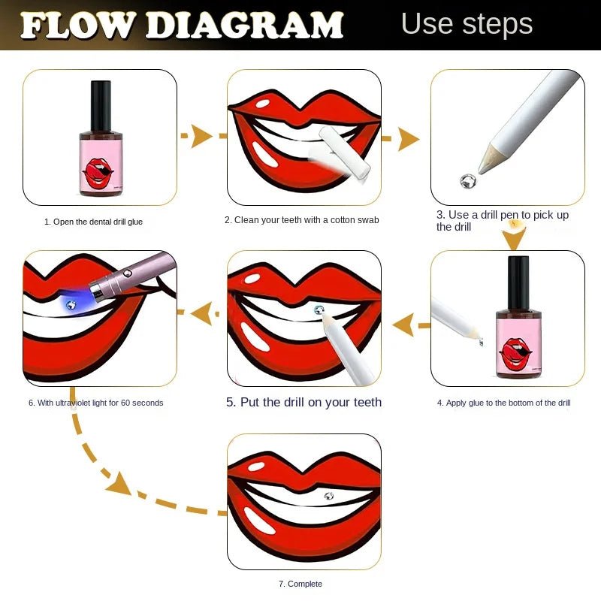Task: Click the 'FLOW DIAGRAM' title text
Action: pyautogui.click(x=182, y=26)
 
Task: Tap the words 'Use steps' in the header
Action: pyautogui.click(x=467, y=24)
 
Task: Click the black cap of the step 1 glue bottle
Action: pyautogui.click(x=101, y=106)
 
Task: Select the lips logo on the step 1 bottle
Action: pyautogui.click(x=98, y=174)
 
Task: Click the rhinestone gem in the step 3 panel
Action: pyautogui.click(x=467, y=181)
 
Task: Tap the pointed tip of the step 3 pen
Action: pyautogui.click(x=479, y=172)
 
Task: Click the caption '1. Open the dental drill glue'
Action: pyautogui.click(x=93, y=222)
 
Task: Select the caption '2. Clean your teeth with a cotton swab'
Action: pyautogui.click(x=302, y=220)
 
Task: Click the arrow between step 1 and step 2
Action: pyautogui.click(x=203, y=136)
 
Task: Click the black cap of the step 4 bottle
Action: pyautogui.click(x=518, y=283)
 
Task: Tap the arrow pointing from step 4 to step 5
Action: pyautogui.click(x=411, y=325)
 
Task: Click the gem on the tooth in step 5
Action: pyautogui.click(x=319, y=310)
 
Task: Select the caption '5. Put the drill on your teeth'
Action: pyautogui.click(x=304, y=402)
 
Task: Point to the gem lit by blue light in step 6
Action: pyautogui.click(x=71, y=305)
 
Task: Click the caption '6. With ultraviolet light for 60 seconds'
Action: pyautogui.click(x=96, y=403)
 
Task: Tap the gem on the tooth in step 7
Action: pyautogui.click(x=329, y=496)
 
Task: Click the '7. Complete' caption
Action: pyautogui.click(x=300, y=584)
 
